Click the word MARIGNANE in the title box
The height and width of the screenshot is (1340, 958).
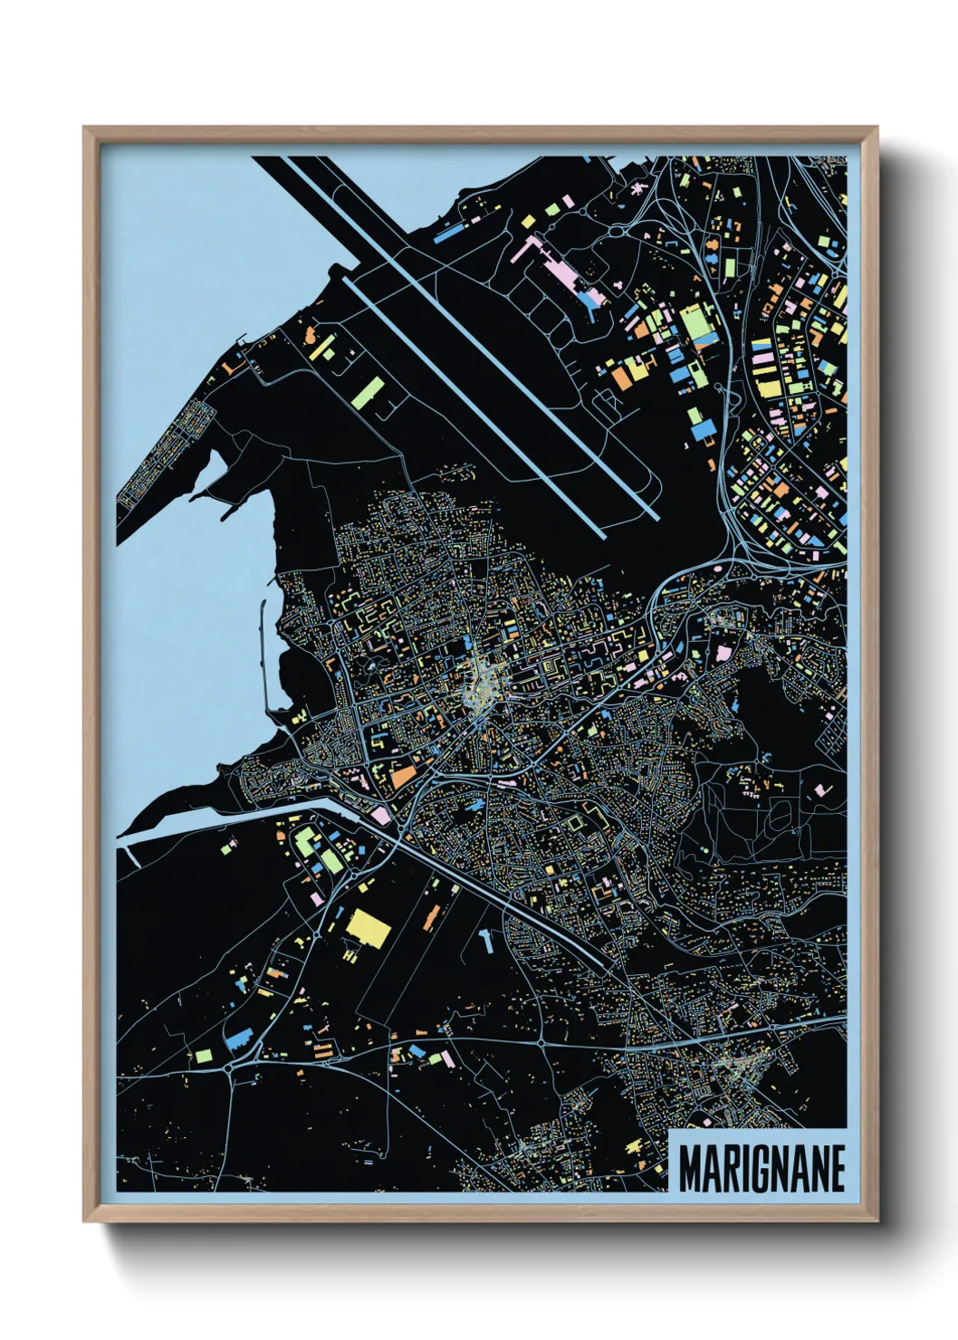tap(762, 1168)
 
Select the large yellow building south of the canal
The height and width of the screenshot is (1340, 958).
tap(367, 925)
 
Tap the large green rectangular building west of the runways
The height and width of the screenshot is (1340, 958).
tap(369, 391)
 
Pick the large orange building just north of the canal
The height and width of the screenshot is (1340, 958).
tap(404, 777)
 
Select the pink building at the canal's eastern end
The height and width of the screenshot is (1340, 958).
tap(381, 816)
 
